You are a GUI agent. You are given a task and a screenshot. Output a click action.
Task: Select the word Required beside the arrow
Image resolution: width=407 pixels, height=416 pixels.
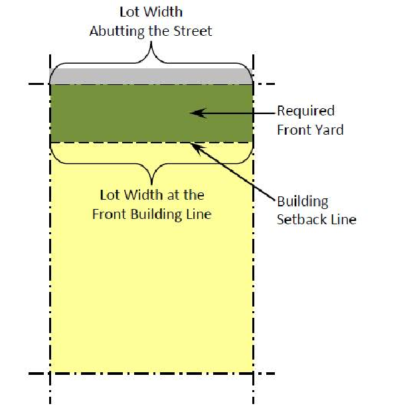(x=305, y=111)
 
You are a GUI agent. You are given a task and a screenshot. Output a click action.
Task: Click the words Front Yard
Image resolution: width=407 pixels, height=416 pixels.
(x=310, y=129)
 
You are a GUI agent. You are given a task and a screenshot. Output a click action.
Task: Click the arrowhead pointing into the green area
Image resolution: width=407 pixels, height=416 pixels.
(x=194, y=113)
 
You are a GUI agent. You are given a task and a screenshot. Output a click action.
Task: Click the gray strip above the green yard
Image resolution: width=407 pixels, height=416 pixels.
(x=151, y=76)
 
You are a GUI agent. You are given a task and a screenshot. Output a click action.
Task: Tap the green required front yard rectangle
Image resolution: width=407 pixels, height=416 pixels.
(x=120, y=113)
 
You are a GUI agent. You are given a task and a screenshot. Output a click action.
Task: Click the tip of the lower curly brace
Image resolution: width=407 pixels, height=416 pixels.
(x=152, y=182)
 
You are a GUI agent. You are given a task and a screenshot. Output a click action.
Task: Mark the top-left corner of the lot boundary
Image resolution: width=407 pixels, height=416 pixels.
(x=50, y=84)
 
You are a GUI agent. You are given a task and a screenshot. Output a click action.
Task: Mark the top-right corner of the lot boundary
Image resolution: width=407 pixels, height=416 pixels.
(x=253, y=84)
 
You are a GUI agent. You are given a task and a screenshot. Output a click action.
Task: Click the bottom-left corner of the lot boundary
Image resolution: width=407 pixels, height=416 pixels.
(x=50, y=373)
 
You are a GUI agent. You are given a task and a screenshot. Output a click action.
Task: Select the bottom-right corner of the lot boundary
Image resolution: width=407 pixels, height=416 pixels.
(x=253, y=373)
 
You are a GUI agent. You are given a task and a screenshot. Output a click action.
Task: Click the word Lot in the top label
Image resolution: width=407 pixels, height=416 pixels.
(x=130, y=13)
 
